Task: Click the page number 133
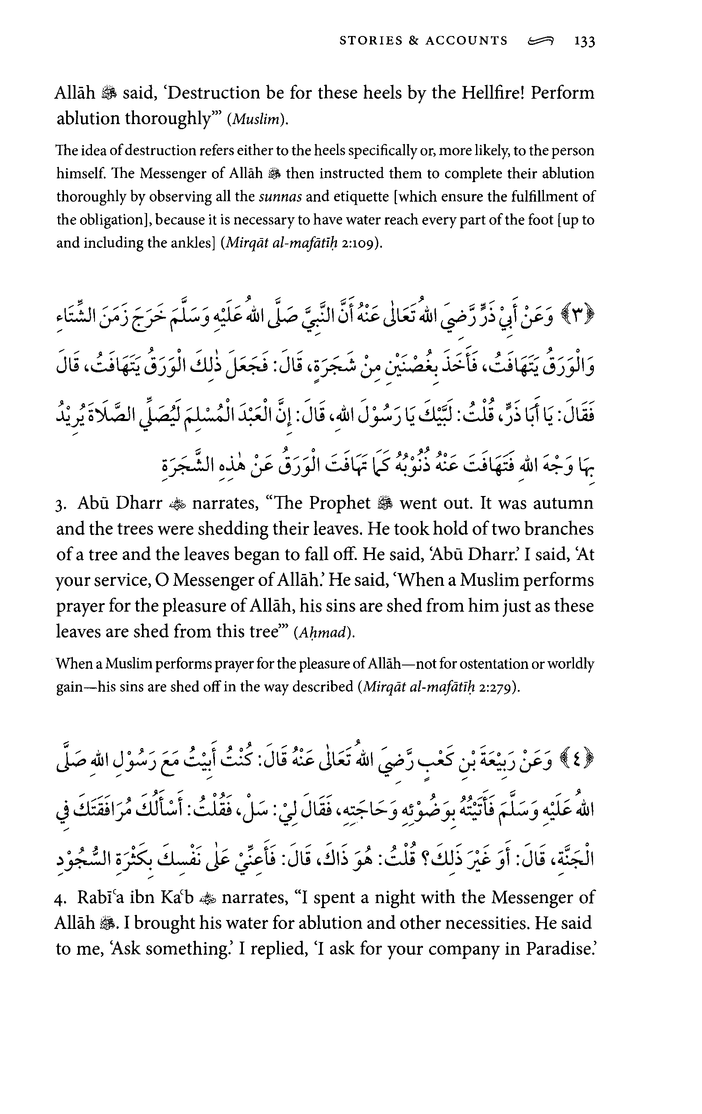click(x=585, y=42)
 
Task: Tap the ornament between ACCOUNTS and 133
click(x=540, y=42)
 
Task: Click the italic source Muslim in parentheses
click(x=257, y=120)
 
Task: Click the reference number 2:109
click(x=359, y=243)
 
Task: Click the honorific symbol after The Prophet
click(x=385, y=503)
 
